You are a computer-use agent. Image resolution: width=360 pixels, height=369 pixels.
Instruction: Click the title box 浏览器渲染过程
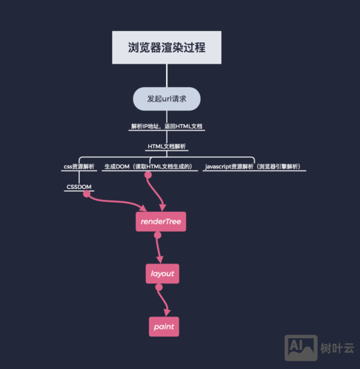167,48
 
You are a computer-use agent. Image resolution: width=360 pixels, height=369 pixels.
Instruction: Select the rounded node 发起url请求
167,98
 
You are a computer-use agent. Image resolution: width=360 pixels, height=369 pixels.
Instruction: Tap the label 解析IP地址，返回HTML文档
167,126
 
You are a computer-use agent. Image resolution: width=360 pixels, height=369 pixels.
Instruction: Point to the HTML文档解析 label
167,146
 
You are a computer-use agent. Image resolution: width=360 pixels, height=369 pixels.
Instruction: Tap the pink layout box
162,274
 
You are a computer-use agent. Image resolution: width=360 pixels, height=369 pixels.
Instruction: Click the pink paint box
164,325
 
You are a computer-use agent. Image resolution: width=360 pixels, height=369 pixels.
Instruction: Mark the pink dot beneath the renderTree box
157,235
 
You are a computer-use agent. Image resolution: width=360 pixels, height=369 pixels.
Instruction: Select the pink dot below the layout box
158,287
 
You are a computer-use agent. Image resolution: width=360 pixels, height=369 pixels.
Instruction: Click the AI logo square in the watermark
296,346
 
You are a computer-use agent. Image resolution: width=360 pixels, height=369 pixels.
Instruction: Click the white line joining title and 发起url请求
167,75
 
